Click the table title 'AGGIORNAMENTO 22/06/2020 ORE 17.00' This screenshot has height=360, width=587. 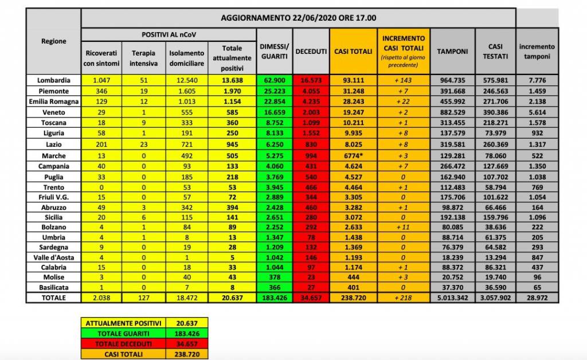click(299, 18)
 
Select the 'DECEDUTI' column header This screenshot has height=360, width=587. click(311, 52)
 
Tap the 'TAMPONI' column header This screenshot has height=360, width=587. click(452, 52)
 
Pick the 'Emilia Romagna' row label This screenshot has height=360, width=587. click(53, 101)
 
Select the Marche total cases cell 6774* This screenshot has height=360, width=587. click(354, 155)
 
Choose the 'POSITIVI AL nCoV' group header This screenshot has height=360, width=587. click(167, 34)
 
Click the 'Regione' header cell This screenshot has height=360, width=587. click(53, 41)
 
